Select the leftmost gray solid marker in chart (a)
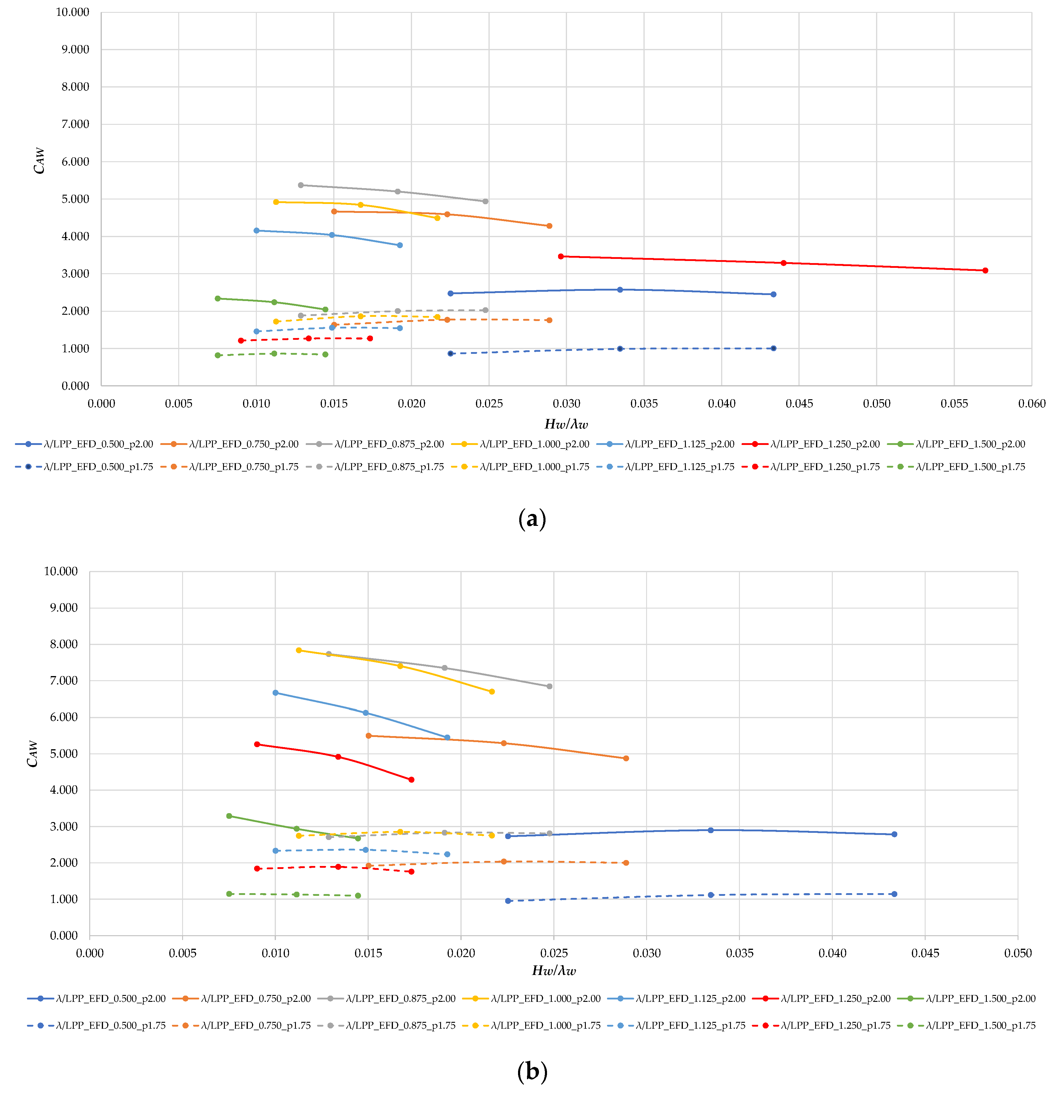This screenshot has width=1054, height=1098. click(301, 185)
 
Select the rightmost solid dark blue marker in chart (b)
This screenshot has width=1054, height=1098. click(894, 834)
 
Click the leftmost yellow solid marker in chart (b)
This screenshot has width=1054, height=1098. click(299, 650)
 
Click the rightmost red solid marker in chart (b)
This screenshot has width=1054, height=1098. click(411, 780)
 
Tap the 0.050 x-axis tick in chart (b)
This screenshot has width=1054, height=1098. click(1018, 953)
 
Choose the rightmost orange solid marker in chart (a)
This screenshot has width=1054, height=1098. click(549, 226)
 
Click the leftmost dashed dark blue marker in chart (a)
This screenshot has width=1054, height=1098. click(450, 354)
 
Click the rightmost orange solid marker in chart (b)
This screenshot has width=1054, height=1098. click(626, 758)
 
